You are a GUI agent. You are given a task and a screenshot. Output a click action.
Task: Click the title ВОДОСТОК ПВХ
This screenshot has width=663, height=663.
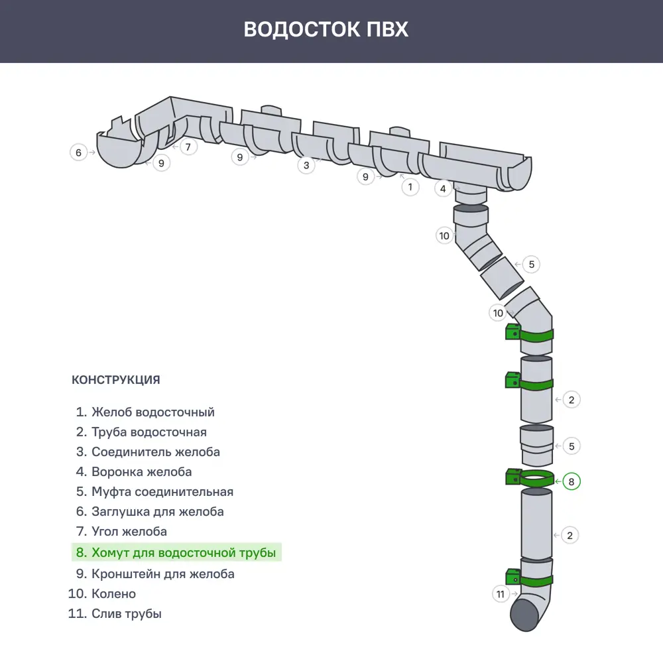click(x=326, y=30)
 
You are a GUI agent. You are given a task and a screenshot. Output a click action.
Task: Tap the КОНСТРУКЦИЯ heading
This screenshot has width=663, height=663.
click(x=115, y=380)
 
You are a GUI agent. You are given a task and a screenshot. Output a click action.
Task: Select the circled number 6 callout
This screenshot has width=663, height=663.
click(x=78, y=152)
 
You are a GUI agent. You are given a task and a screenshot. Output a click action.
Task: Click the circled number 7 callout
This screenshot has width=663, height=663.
click(x=188, y=147)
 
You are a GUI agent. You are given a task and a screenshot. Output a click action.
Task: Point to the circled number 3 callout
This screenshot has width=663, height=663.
click(x=306, y=165)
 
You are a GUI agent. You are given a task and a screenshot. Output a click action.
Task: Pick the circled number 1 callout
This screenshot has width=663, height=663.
click(x=410, y=187)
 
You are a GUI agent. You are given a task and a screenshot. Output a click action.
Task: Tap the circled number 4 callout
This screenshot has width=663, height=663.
click(x=444, y=188)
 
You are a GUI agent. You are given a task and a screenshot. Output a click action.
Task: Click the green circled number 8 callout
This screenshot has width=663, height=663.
click(x=572, y=481)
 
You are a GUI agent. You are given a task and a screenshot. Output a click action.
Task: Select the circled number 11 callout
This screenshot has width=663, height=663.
click(x=501, y=594)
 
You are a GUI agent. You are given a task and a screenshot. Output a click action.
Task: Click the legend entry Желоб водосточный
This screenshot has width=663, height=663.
click(x=152, y=412)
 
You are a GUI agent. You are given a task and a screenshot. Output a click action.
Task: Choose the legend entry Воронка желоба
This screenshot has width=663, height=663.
click(x=141, y=472)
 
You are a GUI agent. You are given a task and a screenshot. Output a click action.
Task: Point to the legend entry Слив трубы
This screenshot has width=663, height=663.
click(x=126, y=613)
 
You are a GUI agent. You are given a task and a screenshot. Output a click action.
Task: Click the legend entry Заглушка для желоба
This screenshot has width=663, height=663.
click(x=157, y=512)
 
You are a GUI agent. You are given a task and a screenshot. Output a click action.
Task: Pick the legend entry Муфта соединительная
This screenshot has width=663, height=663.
click(x=162, y=492)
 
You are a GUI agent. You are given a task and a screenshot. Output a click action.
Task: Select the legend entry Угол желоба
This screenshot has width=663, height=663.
click(x=129, y=532)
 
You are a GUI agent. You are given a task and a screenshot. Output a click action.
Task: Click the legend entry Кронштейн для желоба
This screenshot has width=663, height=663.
click(x=162, y=573)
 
